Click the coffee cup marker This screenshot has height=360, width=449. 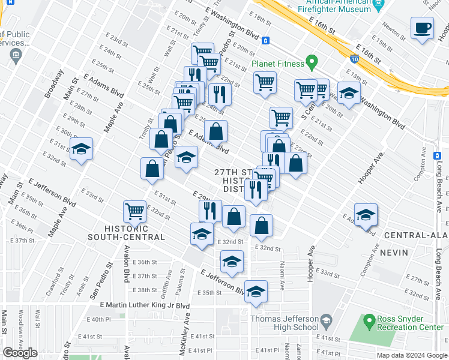[x=423, y=28]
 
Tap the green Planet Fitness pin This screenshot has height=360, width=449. [x=311, y=62]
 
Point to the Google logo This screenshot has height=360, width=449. [x=20, y=353]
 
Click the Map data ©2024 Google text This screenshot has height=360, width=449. [x=411, y=355]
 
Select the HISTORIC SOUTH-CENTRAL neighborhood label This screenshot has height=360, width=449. [x=134, y=233]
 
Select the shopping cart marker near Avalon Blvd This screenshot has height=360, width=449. [x=134, y=211]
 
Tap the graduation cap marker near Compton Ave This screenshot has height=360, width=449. [x=366, y=215]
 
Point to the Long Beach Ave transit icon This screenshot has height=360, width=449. [x=438, y=156]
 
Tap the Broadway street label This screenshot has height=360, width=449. [x=53, y=86]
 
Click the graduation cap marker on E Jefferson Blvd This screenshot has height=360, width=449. [x=256, y=291]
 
